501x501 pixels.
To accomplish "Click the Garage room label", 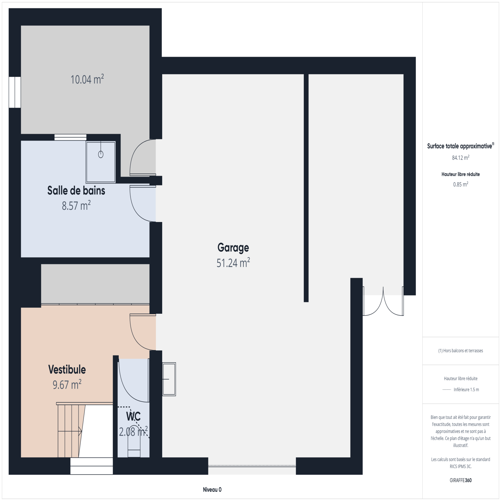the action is [x=233, y=248].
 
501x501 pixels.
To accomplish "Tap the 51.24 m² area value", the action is [x=233, y=263].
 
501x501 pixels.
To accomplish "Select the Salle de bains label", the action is [x=76, y=190].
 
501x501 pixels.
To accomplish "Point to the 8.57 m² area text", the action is [x=76, y=206].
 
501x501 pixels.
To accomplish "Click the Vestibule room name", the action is [x=67, y=369].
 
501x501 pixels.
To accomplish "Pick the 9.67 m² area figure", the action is [x=67, y=385].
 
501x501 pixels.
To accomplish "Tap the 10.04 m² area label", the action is [x=87, y=79].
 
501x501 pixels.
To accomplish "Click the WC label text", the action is [x=133, y=416].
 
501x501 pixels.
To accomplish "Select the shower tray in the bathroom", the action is [x=101, y=162].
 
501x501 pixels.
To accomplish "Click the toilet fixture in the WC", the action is [x=134, y=445].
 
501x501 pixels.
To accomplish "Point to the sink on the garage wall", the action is [x=169, y=379].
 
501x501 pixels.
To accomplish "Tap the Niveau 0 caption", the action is [x=212, y=490].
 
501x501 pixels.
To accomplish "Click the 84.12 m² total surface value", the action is [x=461, y=158].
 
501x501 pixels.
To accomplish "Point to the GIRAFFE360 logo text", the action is [x=461, y=480].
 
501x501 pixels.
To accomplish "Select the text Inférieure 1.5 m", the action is [x=466, y=390].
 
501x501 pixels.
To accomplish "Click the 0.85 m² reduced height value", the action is [x=461, y=184].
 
